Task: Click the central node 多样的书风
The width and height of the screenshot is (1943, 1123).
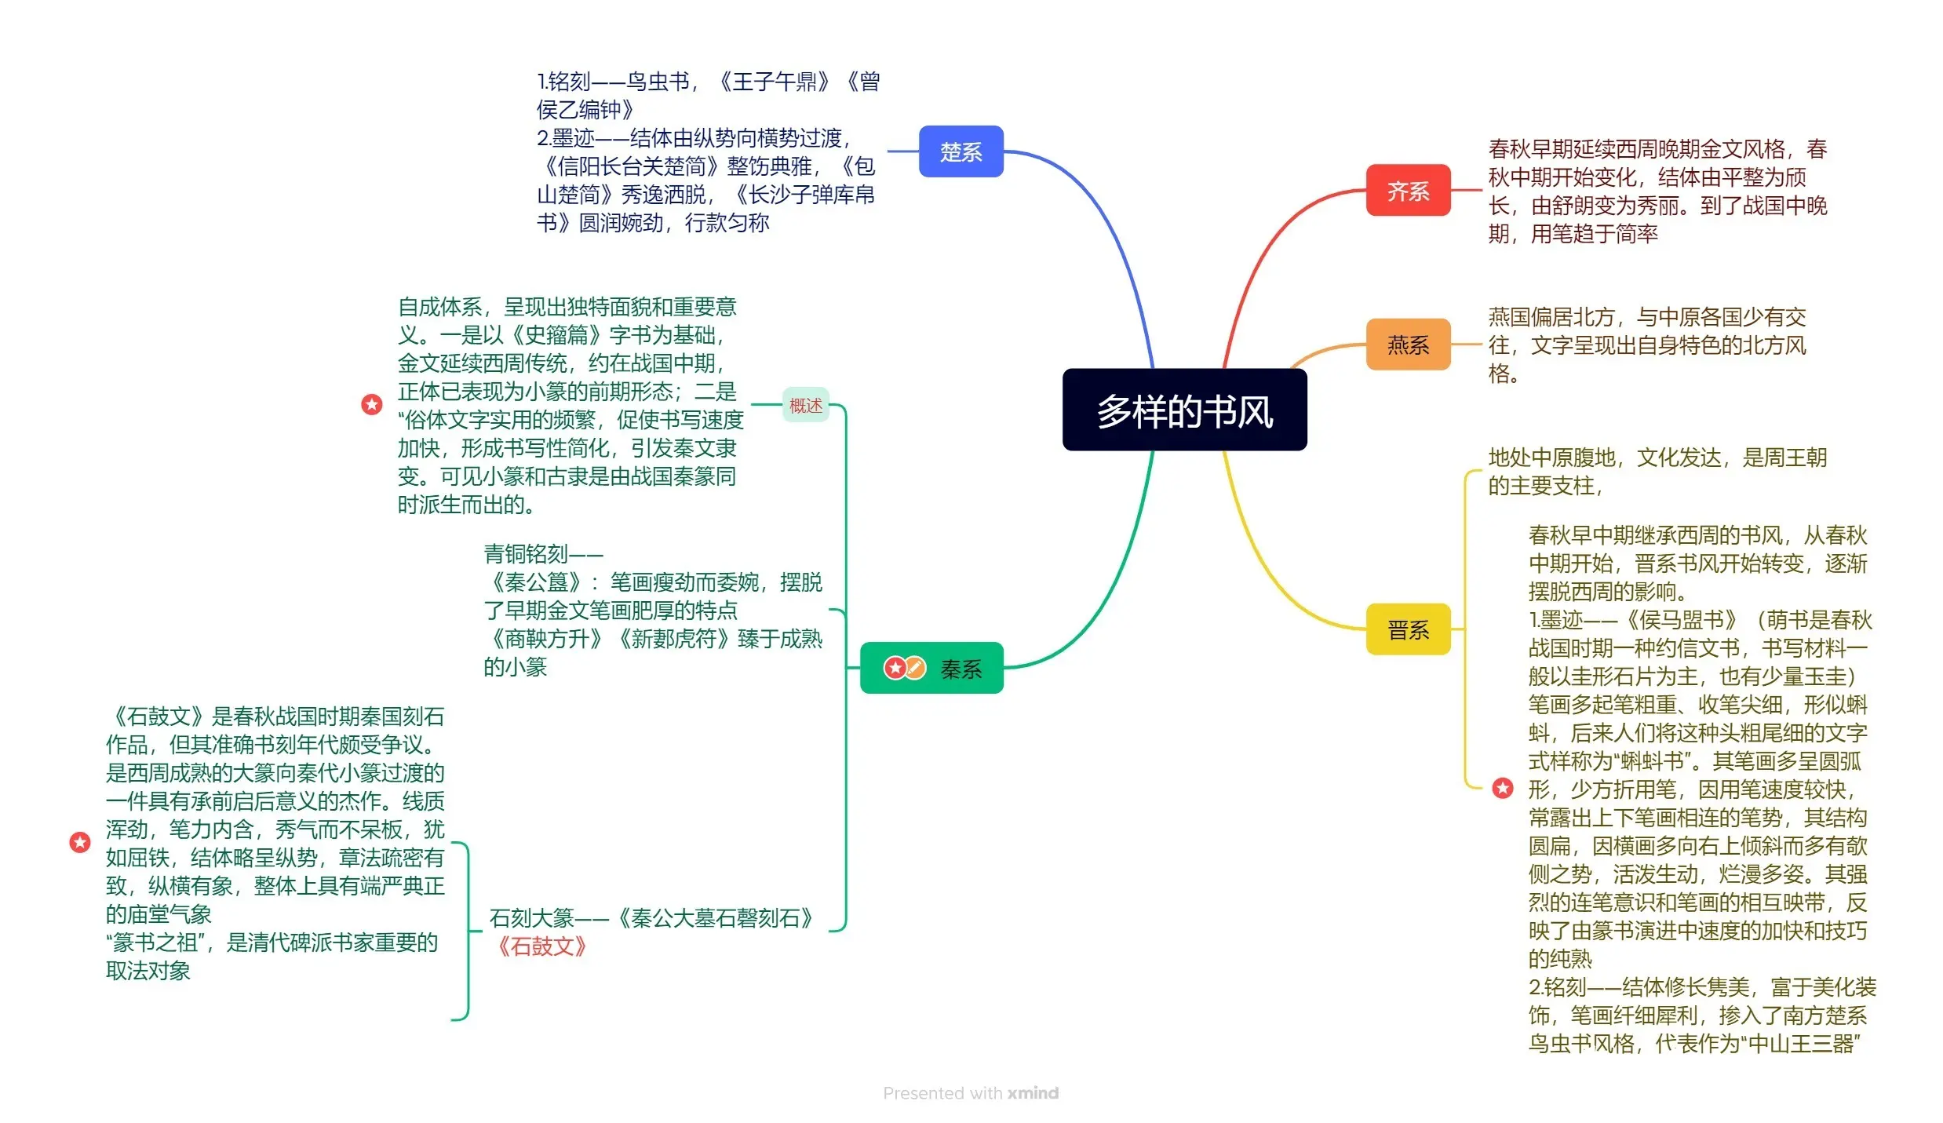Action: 1183,410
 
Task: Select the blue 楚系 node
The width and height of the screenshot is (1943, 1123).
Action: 961,151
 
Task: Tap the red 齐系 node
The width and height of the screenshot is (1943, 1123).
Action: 1408,191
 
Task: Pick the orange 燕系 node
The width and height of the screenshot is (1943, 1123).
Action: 1408,345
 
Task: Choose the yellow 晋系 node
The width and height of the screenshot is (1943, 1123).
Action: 1408,629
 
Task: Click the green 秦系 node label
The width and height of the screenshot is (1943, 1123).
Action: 961,669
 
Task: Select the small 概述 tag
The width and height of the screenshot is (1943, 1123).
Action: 805,405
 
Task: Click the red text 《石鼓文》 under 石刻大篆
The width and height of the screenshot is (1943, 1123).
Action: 541,946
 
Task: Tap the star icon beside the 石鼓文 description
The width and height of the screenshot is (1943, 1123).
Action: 80,842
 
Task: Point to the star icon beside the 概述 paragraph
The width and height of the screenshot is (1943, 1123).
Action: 372,404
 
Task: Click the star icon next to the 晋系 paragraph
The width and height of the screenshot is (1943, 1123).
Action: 1503,788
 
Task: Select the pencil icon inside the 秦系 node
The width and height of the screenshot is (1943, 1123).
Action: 915,668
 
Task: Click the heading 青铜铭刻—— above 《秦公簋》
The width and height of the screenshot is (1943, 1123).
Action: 543,554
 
